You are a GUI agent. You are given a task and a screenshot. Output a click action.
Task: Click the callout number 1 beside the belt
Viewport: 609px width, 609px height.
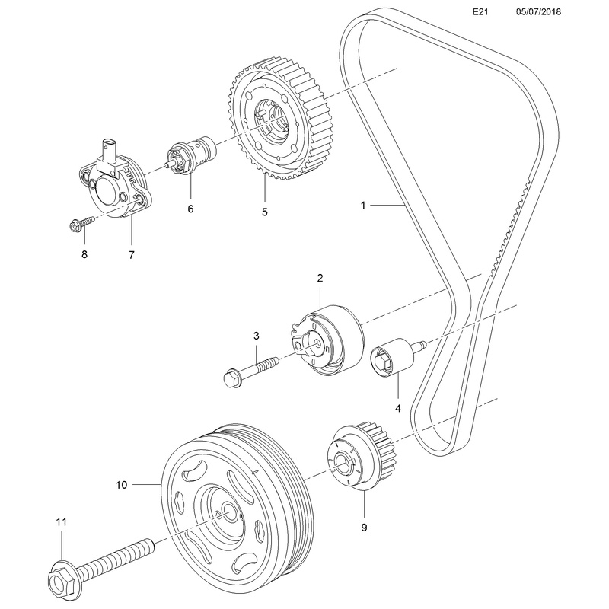pyautogui.click(x=364, y=205)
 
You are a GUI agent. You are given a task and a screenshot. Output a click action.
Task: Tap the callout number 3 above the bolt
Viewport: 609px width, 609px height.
pyautogui.click(x=257, y=336)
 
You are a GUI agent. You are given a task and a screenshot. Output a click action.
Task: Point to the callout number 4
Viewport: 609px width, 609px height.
pyautogui.click(x=397, y=409)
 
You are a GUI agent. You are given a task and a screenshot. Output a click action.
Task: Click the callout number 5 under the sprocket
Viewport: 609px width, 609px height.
pyautogui.click(x=265, y=212)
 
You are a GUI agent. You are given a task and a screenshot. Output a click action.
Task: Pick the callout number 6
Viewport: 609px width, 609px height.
pyautogui.click(x=190, y=208)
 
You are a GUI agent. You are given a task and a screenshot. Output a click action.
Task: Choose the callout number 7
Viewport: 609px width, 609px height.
pyautogui.click(x=131, y=255)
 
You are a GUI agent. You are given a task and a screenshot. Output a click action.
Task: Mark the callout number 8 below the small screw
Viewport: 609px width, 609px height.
pyautogui.click(x=84, y=255)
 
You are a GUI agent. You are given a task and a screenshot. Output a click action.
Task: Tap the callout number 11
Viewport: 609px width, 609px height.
pyautogui.click(x=62, y=522)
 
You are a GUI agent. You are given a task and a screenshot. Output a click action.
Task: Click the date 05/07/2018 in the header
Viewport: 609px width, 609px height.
pyautogui.click(x=537, y=13)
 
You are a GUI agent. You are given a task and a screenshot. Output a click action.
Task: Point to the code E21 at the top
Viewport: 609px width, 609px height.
pyautogui.click(x=479, y=13)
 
